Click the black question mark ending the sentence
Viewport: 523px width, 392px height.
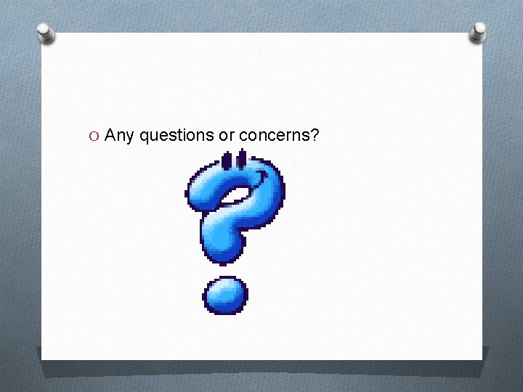click(x=315, y=134)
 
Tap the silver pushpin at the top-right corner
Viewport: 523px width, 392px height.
click(x=479, y=30)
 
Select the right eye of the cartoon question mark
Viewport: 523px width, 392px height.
click(x=241, y=160)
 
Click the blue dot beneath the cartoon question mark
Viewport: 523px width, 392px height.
click(x=225, y=295)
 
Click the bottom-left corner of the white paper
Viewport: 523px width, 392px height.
click(x=42, y=359)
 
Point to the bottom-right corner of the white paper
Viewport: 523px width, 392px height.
click(x=482, y=359)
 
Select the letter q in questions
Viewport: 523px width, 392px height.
click(x=143, y=136)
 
